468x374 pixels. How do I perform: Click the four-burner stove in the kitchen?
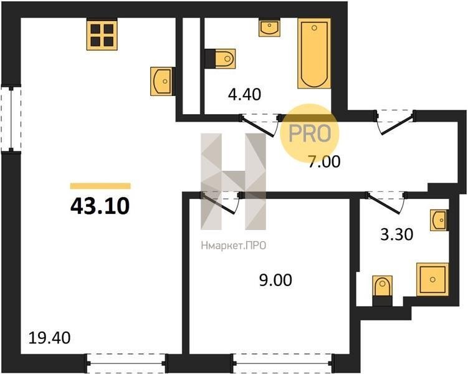(x=102, y=34)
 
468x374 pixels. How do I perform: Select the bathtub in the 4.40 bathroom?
(x=314, y=54)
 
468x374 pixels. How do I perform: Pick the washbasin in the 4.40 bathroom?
(x=269, y=28)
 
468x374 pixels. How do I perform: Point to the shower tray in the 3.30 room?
(x=432, y=279)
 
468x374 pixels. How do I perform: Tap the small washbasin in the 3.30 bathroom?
(x=439, y=220)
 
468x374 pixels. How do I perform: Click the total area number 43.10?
(x=100, y=206)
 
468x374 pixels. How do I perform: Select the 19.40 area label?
(x=50, y=338)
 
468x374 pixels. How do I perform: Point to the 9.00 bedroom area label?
(x=275, y=280)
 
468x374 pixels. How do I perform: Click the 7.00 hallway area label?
(x=324, y=162)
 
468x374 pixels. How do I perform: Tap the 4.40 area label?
(x=244, y=95)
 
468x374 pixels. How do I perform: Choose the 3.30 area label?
(x=397, y=234)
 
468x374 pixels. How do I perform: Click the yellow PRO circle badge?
(x=310, y=133)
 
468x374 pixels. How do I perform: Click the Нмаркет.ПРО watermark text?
(x=234, y=246)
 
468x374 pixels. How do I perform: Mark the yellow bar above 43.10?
(x=100, y=186)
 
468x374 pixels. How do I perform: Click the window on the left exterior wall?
(x=11, y=118)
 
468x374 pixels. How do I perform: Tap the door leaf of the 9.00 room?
(x=219, y=204)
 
